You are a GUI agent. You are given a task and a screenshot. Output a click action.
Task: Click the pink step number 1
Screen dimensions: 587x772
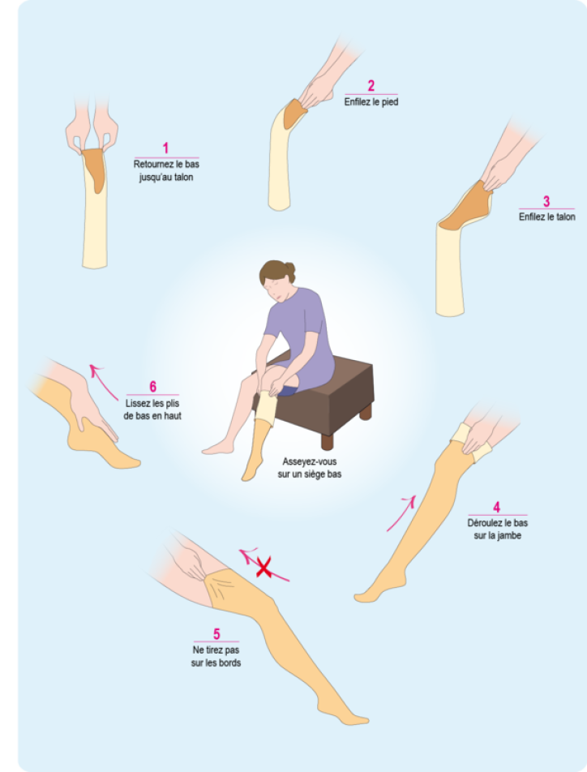[165, 148]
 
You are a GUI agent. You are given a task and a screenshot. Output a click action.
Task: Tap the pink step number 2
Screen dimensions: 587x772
[371, 86]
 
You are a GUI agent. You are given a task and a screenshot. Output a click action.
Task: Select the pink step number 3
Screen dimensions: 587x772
[546, 201]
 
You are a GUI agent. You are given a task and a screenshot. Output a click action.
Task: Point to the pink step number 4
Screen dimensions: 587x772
[496, 507]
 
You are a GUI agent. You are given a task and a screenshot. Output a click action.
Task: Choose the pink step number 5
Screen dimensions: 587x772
[216, 634]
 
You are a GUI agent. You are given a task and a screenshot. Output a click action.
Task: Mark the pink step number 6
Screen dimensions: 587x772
[152, 387]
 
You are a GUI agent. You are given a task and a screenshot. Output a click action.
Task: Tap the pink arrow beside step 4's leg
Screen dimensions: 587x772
[401, 513]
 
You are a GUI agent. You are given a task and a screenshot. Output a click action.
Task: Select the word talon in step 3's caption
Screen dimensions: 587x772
[563, 217]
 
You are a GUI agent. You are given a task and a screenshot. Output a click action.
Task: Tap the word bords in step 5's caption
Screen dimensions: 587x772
[229, 663]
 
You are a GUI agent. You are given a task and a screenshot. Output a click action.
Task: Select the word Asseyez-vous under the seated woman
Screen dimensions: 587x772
[309, 462]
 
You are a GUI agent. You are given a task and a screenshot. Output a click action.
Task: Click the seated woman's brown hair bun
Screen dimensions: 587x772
[289, 270]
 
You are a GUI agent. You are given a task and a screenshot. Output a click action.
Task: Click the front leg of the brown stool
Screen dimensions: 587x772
[327, 440]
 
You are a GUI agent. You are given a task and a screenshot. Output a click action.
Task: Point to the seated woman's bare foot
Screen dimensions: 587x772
[217, 448]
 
